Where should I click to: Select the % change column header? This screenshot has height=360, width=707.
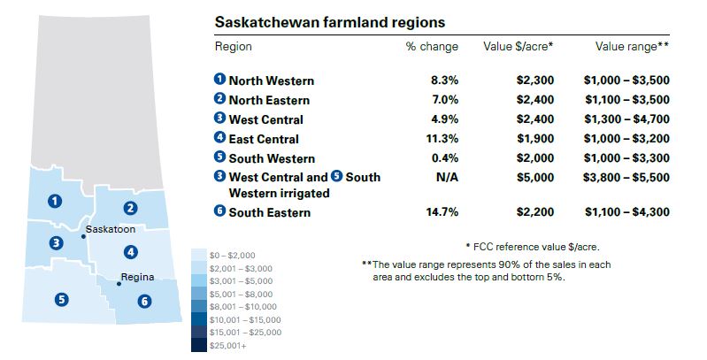(431, 46)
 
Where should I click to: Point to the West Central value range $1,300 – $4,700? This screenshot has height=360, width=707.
(626, 119)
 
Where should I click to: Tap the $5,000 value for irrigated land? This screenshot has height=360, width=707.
(535, 177)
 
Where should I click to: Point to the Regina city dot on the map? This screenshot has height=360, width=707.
(119, 284)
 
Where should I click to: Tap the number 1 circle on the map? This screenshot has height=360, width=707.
(56, 201)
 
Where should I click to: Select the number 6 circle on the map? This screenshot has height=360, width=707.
(144, 302)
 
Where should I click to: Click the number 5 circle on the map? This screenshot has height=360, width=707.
(61, 299)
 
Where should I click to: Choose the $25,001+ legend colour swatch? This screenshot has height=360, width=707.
(199, 346)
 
